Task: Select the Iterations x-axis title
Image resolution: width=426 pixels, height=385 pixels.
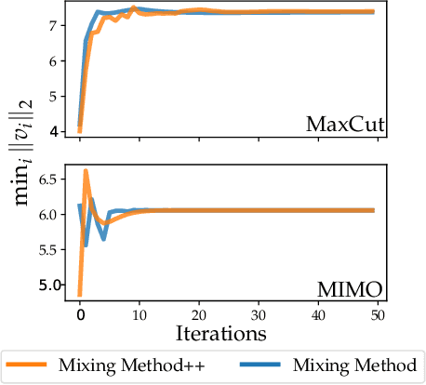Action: [226, 330]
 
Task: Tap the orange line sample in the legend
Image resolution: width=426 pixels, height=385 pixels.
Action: [32, 365]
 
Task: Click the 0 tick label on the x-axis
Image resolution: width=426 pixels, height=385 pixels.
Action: [79, 315]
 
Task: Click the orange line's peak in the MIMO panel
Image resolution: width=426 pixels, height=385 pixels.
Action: [86, 171]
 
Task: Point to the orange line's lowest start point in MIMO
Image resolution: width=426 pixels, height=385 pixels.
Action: [80, 295]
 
